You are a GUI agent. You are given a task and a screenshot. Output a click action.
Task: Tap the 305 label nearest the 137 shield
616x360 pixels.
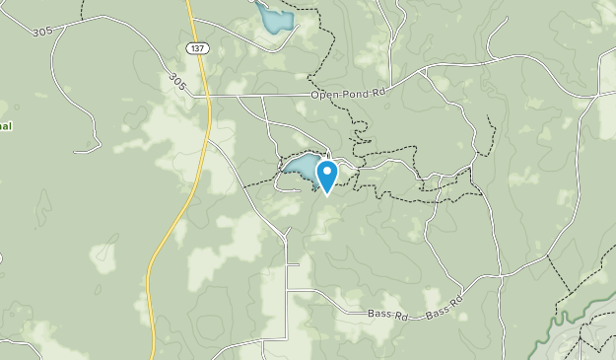pyautogui.click(x=176, y=79)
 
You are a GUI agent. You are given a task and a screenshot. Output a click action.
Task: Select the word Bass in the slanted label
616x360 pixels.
pyautogui.click(x=438, y=311)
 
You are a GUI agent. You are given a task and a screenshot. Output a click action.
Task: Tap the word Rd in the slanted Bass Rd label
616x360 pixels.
pyautogui.click(x=456, y=300)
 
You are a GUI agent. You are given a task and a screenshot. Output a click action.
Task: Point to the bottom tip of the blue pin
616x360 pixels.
pyautogui.click(x=326, y=193)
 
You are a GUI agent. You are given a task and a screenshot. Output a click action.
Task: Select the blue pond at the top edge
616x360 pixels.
pyautogui.click(x=274, y=17)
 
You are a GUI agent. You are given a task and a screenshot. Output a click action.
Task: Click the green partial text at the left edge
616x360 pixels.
pyautogui.click(x=4, y=111)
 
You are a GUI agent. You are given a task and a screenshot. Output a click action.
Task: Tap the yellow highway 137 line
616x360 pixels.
pyautogui.click(x=168, y=237)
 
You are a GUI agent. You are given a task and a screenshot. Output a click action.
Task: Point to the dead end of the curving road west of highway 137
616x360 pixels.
pyautogui.click(x=75, y=151)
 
